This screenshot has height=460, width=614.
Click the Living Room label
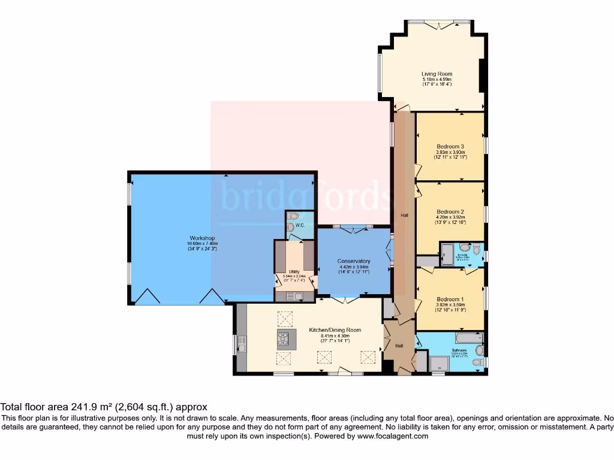tap(437, 74)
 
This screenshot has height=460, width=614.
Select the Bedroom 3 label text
tap(450, 147)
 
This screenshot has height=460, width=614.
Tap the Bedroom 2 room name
tap(450, 211)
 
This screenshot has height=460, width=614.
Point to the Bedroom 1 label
tap(450, 299)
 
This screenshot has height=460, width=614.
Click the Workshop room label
tap(201, 238)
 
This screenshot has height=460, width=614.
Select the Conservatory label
tap(354, 261)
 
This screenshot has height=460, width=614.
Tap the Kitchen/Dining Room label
tap(335, 330)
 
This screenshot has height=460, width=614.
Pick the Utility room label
tap(294, 271)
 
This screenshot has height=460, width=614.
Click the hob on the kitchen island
tap(283, 340)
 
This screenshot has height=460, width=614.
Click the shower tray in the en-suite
tap(447, 253)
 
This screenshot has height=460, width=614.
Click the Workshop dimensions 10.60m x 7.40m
tap(201, 244)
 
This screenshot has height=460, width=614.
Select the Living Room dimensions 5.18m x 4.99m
tap(437, 80)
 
